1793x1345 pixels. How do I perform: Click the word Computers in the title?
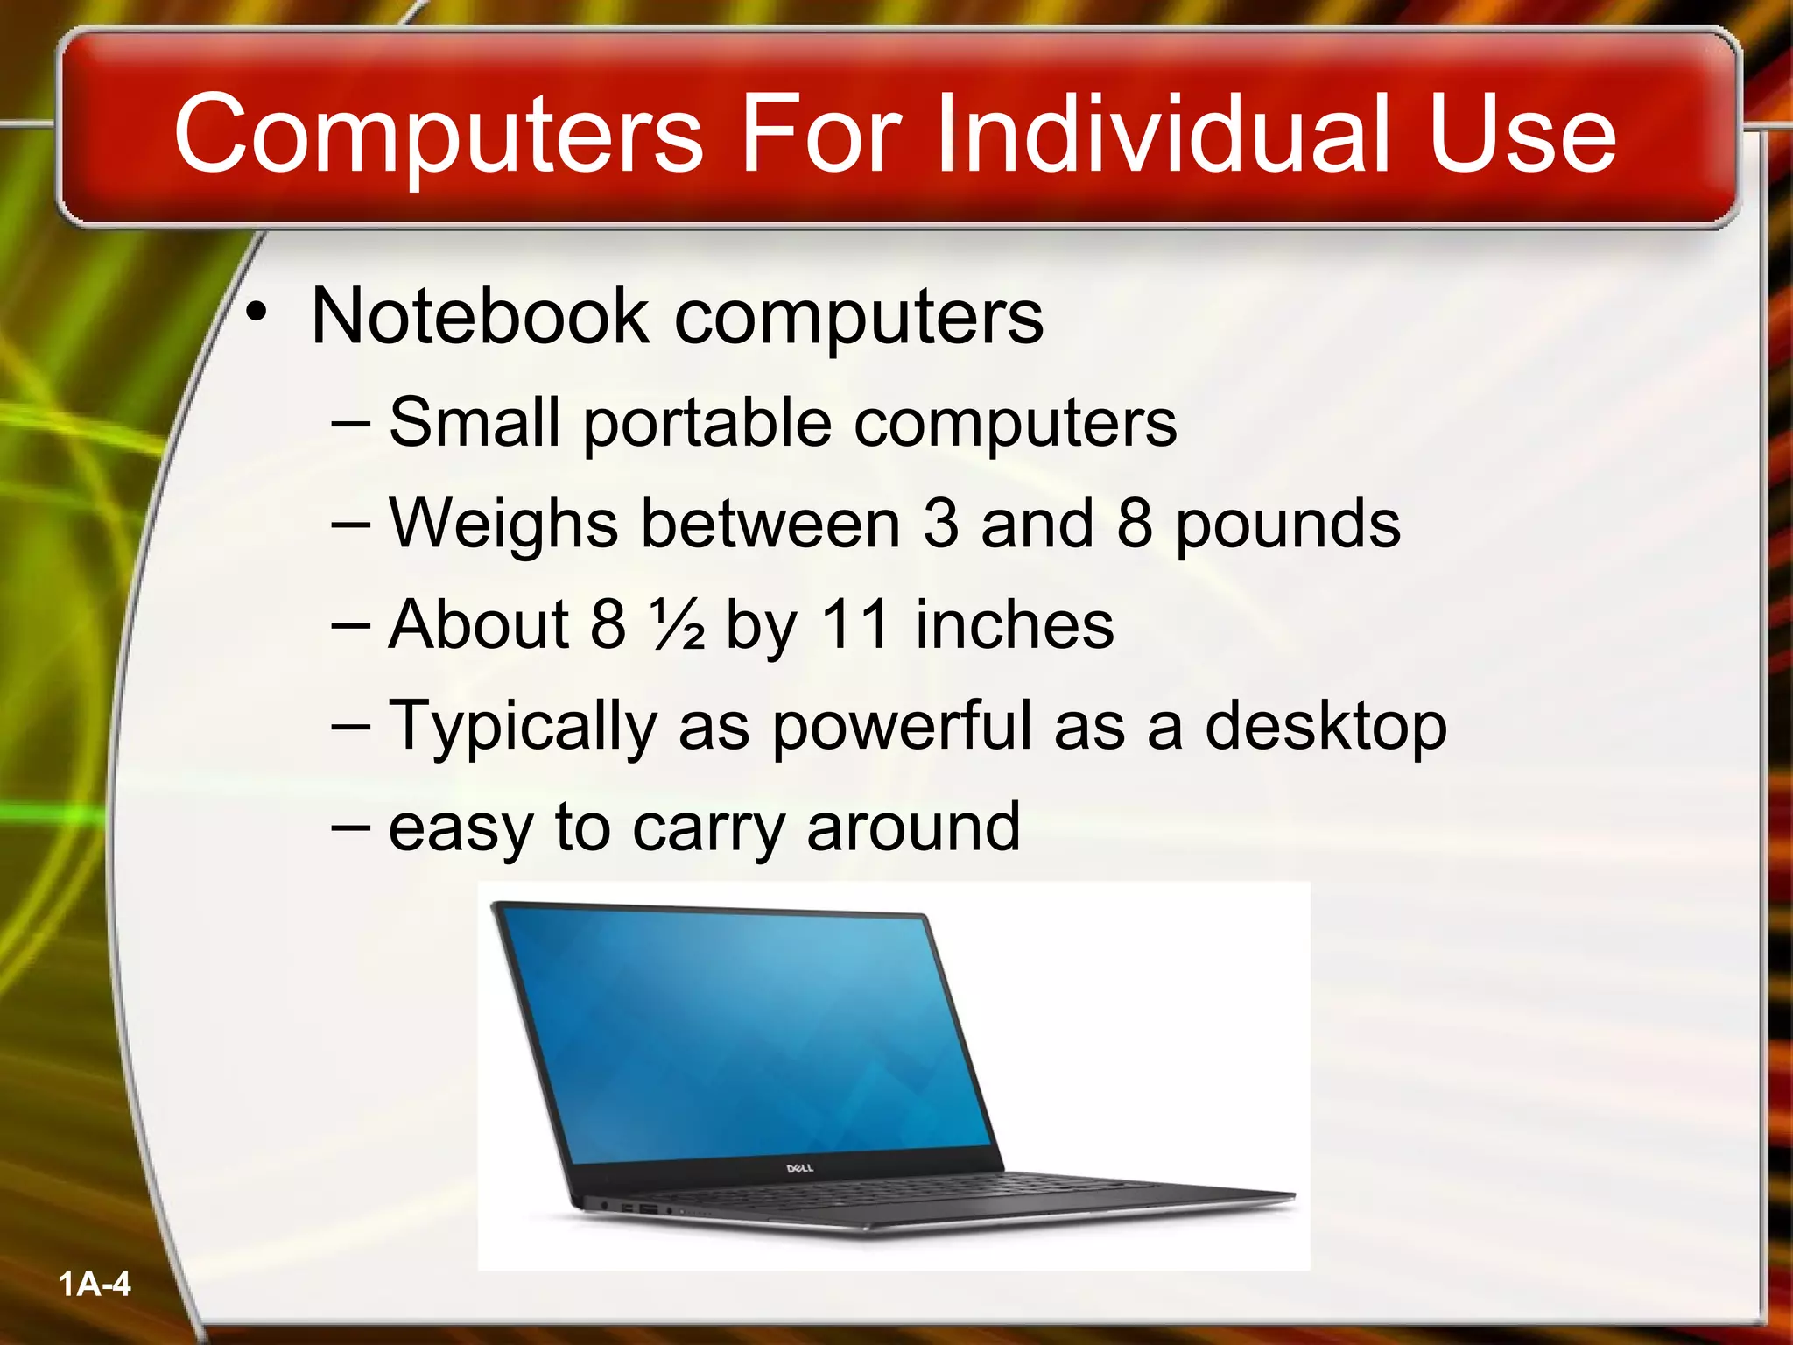tap(438, 136)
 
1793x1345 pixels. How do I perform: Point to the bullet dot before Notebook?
tap(256, 313)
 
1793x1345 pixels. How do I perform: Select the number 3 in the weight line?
tap(940, 524)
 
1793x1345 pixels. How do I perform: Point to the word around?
tap(913, 827)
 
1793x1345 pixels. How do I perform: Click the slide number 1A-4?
tap(95, 1285)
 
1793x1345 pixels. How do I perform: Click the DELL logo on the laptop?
tap(799, 1168)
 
